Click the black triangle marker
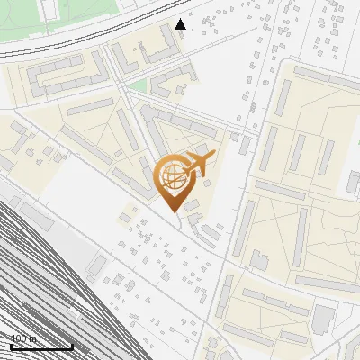(181, 24)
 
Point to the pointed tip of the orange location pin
(174, 211)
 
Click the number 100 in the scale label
(19, 338)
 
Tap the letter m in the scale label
(33, 338)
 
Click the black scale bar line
(41, 346)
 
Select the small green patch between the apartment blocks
(137, 86)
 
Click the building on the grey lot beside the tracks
(96, 265)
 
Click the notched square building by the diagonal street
(259, 260)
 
